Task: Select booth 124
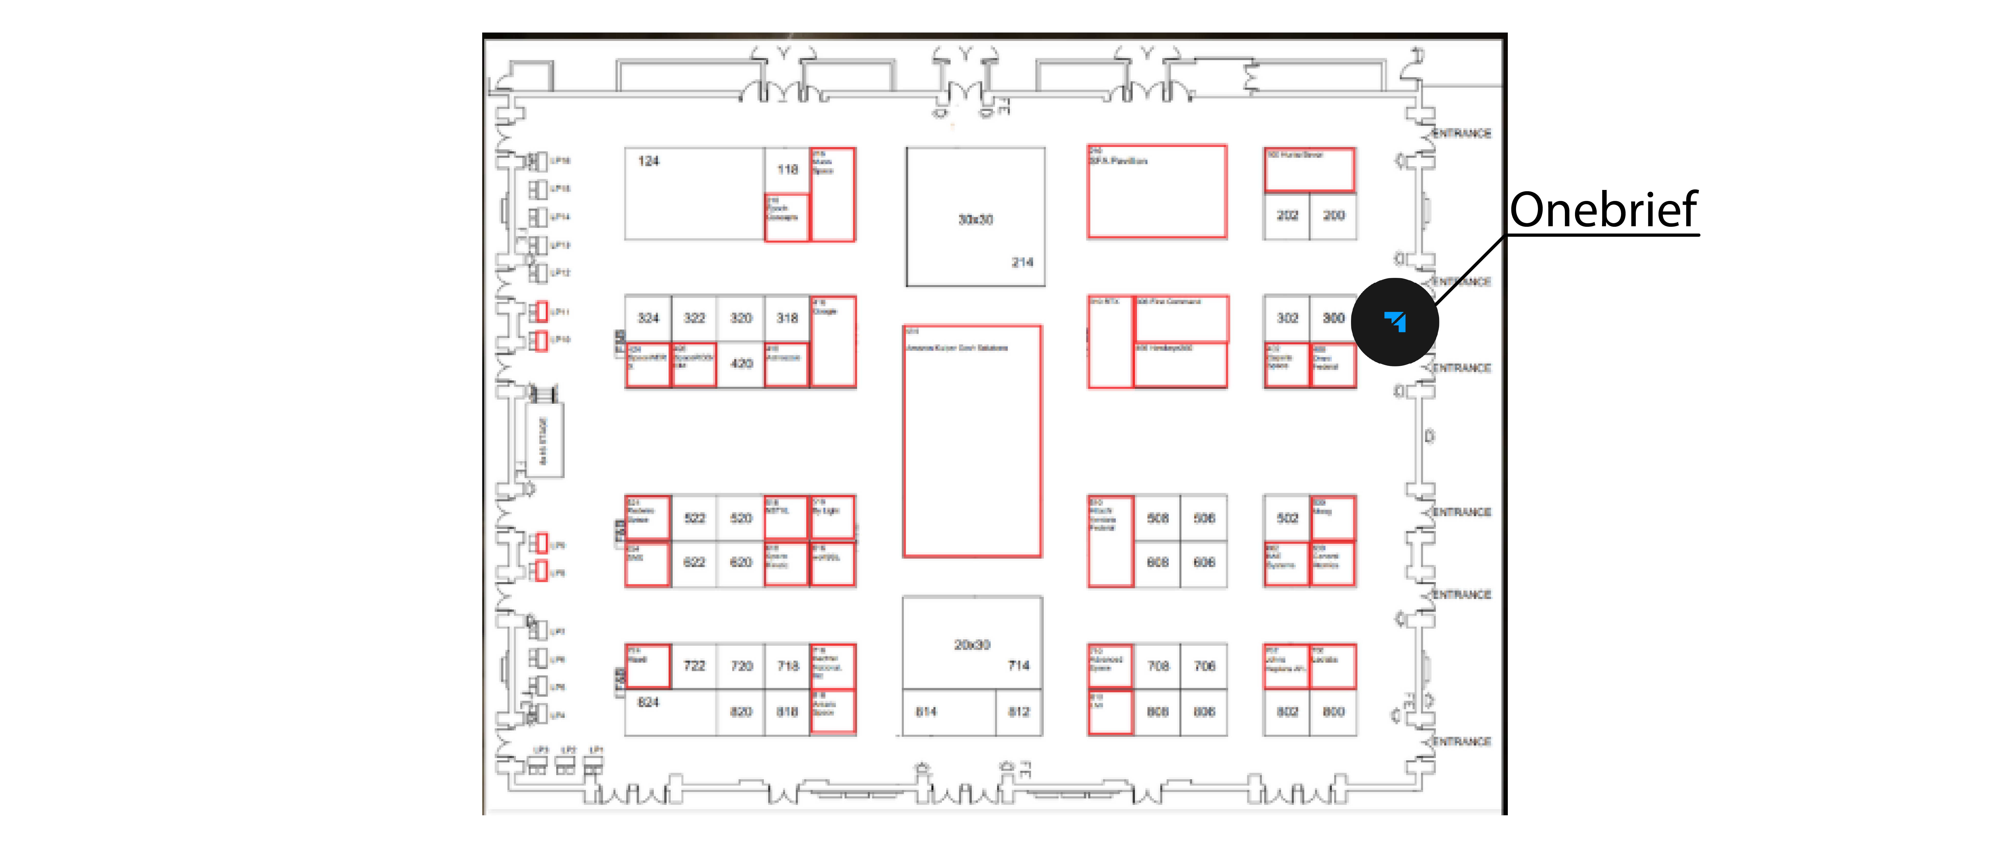(648, 161)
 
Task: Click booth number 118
(787, 169)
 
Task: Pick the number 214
(1022, 262)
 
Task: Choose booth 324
(648, 318)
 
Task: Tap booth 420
(742, 363)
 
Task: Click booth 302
(1287, 318)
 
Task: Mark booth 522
(694, 518)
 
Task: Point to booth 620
(741, 562)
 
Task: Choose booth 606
(1204, 562)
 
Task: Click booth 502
(1287, 518)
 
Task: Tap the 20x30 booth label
(972, 645)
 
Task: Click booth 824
(648, 702)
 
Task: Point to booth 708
(1158, 665)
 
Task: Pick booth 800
(1334, 711)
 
